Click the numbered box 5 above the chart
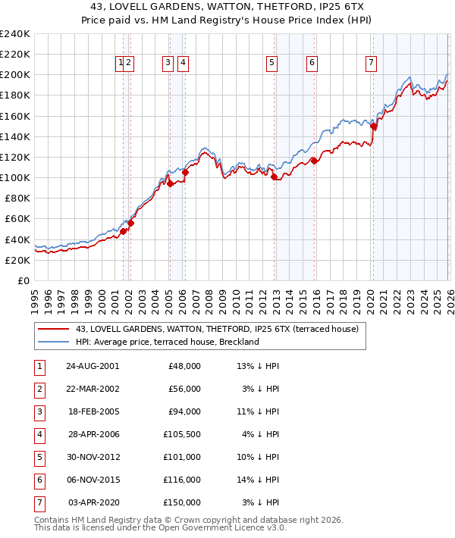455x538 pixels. (271, 64)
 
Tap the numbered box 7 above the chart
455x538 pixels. (371, 64)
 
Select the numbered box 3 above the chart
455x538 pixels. (168, 64)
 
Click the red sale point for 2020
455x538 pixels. (373, 127)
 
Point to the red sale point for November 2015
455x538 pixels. (314, 161)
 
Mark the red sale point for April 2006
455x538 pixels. (186, 172)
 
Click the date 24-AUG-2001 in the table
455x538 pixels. (93, 365)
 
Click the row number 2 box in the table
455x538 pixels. (39, 389)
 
